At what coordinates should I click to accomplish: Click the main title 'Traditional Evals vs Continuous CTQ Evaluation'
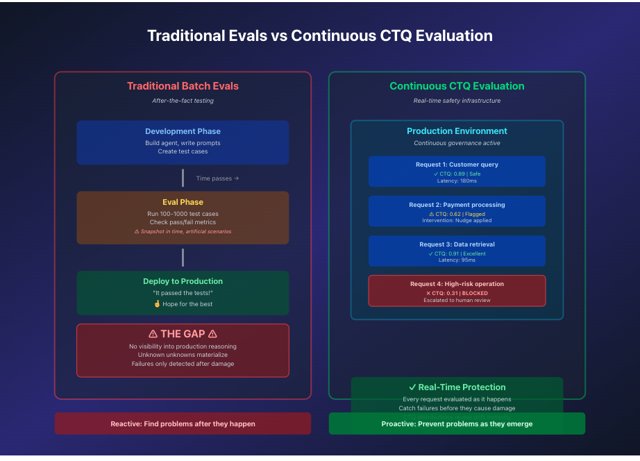(319, 36)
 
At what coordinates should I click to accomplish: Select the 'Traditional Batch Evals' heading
(183, 86)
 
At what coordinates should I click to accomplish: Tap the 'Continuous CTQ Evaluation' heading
(457, 86)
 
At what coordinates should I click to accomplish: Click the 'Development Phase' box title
(183, 131)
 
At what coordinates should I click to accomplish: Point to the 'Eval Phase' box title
(183, 202)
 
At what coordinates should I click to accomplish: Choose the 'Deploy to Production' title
(183, 281)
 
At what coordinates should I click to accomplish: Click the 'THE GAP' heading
(183, 334)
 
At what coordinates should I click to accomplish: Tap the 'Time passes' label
(217, 178)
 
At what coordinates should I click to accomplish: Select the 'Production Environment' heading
(457, 131)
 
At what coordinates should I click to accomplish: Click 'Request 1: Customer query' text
(457, 165)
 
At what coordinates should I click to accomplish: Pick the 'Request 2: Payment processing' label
(457, 205)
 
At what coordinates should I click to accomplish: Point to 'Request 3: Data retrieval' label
(457, 244)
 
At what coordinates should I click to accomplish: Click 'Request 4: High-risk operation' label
(457, 284)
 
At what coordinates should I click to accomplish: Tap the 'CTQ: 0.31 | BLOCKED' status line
(457, 293)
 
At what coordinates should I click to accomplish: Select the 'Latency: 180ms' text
(457, 181)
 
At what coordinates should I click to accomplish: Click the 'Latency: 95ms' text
(457, 260)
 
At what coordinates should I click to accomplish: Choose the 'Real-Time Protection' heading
(457, 387)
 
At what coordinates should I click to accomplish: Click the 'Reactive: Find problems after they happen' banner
(183, 424)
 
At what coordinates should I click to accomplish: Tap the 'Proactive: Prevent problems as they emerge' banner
(457, 424)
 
